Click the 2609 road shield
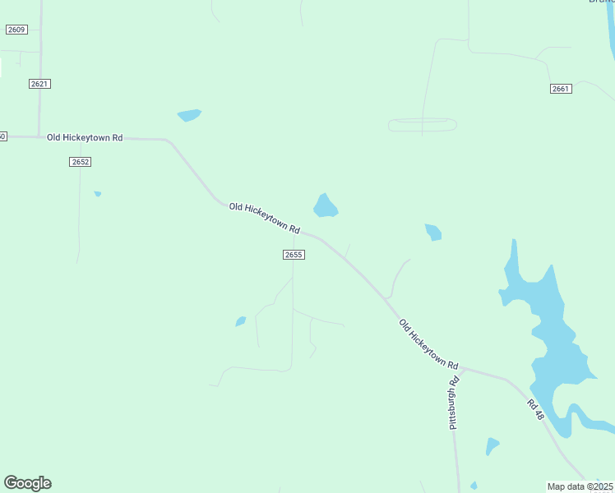16,30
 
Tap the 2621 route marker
39,84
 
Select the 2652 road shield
80,162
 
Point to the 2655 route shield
294,255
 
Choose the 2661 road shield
561,89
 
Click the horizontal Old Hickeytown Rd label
85,137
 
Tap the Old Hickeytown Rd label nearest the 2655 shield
265,218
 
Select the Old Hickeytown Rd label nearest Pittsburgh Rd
428,343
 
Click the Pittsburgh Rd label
453,403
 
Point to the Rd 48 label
536,409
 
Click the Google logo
27,483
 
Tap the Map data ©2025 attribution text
580,486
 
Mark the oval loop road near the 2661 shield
423,125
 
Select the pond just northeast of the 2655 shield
325,206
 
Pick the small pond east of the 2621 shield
189,115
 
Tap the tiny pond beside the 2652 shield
98,194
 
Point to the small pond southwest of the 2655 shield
241,321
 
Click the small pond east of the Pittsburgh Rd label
492,446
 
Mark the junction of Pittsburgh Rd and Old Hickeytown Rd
463,369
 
